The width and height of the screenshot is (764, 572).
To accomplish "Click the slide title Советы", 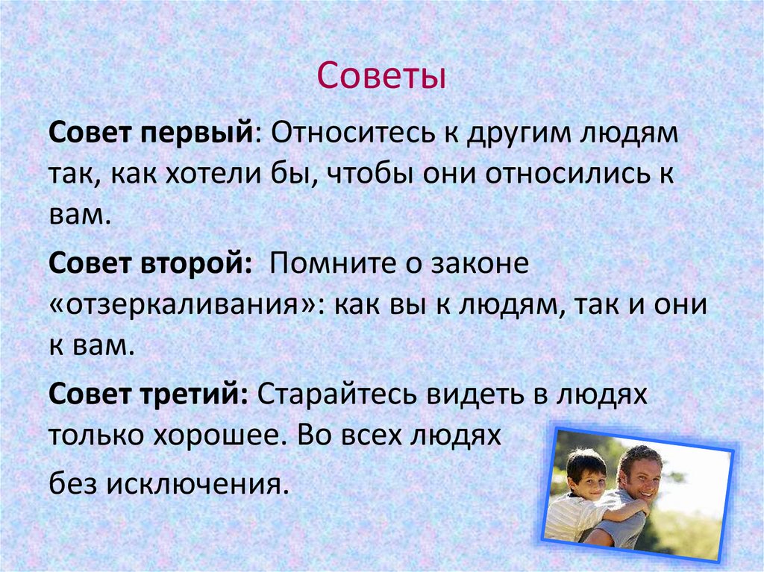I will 381,78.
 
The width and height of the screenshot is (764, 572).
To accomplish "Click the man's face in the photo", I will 640,477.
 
